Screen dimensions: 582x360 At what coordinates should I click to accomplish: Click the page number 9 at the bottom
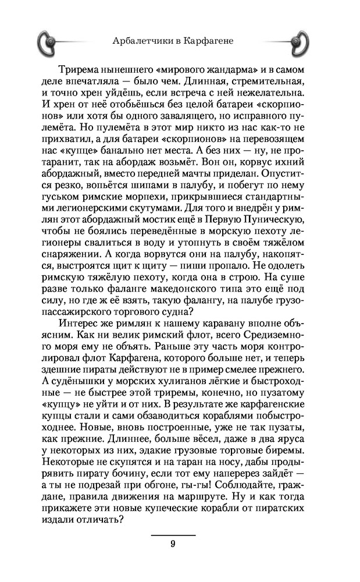(173, 544)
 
